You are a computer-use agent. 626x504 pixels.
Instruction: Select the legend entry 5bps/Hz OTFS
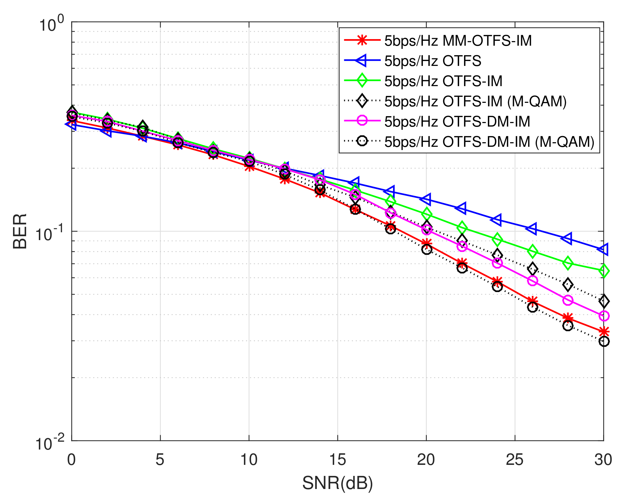click(433, 61)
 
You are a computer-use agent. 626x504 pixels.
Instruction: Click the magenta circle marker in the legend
click(362, 121)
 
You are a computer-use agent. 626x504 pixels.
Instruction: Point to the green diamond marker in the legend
click(362, 81)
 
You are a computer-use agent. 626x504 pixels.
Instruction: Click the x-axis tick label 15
click(337, 460)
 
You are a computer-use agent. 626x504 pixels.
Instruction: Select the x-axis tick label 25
click(515, 460)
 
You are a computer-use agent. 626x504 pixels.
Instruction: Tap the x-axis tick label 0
click(72, 460)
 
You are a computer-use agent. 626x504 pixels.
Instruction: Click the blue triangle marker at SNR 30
click(603, 249)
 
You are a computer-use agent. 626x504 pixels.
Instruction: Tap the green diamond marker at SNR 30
click(604, 271)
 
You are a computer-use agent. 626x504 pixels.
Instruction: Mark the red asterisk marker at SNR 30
click(604, 332)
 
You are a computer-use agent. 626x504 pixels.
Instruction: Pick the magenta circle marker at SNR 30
click(604, 316)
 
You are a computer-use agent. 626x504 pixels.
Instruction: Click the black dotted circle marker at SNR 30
click(604, 342)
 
